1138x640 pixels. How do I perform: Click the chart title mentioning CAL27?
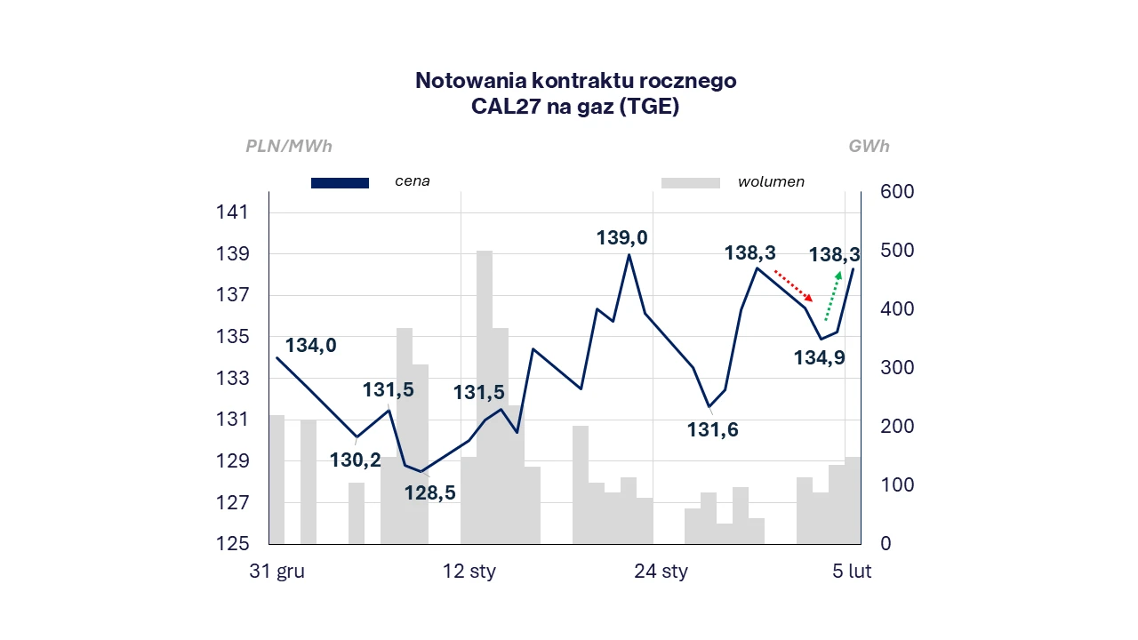[x=575, y=93]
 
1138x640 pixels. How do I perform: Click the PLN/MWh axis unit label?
[x=289, y=147]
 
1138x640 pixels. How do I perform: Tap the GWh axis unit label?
[x=869, y=147]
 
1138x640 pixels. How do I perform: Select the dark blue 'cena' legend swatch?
[x=340, y=183]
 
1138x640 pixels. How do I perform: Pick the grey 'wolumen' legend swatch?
[x=690, y=183]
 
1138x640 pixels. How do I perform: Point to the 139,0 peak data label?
[x=621, y=237]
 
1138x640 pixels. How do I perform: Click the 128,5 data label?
[x=430, y=492]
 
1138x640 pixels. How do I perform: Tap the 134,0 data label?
[x=310, y=346]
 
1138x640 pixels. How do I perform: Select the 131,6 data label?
[x=712, y=430]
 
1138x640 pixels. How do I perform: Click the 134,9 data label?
[x=819, y=358]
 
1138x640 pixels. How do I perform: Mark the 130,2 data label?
[x=355, y=460]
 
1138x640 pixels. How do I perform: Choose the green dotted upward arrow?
[x=833, y=296]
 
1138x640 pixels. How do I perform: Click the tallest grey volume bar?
[x=485, y=396]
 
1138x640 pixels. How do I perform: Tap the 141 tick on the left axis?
[x=231, y=212]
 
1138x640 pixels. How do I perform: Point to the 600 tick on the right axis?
[x=896, y=192]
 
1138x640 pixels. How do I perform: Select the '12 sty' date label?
[x=469, y=572]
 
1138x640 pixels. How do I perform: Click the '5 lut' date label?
[x=852, y=572]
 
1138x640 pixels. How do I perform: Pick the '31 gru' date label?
[x=276, y=572]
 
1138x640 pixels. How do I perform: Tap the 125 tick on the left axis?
[x=231, y=544]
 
